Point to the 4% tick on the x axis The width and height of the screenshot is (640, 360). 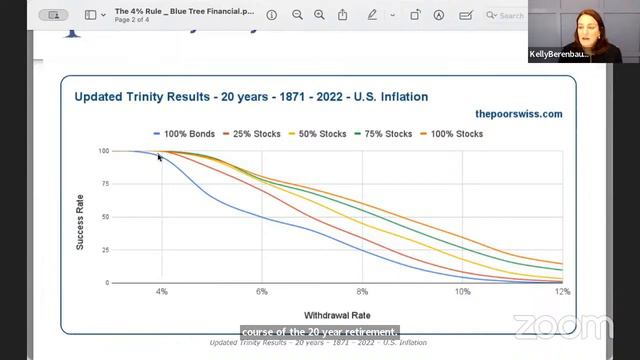point(161,291)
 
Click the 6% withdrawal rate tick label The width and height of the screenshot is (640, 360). point(262,291)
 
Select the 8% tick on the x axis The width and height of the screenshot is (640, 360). point(362,291)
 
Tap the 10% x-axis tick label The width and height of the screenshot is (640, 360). point(462,291)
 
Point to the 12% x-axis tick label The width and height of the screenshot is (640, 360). point(562,291)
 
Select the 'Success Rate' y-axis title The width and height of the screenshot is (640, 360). point(81,217)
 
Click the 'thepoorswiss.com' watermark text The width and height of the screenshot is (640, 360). point(518,114)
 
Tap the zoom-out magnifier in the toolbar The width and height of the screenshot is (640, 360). point(298,15)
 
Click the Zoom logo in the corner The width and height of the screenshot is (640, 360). point(563,326)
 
